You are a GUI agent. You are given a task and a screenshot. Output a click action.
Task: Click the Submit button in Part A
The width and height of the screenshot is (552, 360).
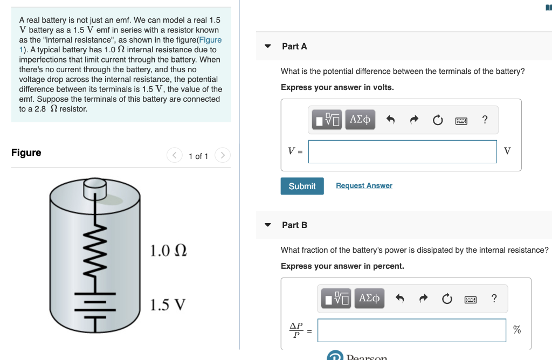click(302, 186)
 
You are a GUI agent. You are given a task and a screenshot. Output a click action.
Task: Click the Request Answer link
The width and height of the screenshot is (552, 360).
click(364, 185)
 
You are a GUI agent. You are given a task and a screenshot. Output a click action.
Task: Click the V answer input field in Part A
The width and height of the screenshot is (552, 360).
click(402, 151)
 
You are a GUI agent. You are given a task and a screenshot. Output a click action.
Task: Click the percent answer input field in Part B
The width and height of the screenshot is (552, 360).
click(411, 330)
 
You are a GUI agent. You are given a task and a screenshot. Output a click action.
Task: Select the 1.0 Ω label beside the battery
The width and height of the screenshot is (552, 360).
click(168, 251)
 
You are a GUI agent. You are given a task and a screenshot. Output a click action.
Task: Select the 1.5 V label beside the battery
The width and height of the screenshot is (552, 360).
click(168, 305)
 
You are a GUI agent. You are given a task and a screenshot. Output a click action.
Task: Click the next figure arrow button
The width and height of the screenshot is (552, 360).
click(223, 156)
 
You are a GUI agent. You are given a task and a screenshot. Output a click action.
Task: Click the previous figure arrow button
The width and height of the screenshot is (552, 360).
click(175, 156)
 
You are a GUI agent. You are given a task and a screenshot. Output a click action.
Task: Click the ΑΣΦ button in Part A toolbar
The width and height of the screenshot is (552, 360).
click(360, 120)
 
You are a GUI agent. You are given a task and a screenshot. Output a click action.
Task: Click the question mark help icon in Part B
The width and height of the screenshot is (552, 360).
click(494, 298)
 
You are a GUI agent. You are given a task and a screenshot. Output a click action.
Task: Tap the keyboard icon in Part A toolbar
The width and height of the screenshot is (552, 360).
click(461, 121)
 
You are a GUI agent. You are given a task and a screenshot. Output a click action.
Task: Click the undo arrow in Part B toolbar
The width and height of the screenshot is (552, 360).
click(399, 299)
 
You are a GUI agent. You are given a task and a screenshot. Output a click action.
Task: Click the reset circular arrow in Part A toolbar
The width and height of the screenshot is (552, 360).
click(437, 120)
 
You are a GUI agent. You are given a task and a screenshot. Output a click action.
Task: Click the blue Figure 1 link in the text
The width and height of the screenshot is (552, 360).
click(210, 40)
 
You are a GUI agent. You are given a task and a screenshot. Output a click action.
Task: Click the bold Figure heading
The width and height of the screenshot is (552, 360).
click(26, 153)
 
